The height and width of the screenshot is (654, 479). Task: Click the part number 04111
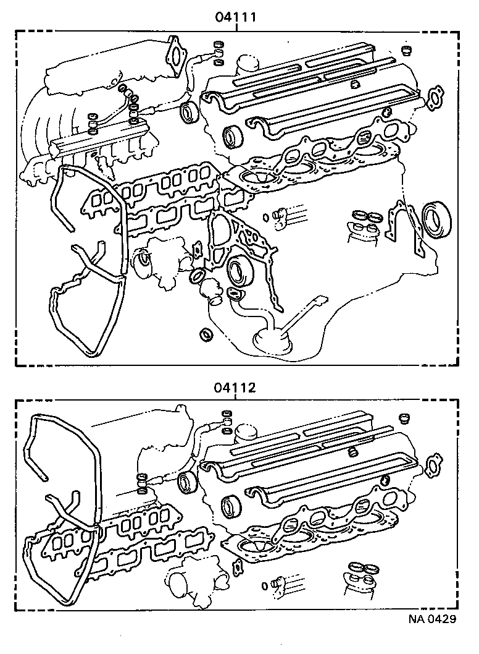pyautogui.click(x=236, y=17)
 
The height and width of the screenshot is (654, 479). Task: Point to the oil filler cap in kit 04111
pyautogui.click(x=248, y=63)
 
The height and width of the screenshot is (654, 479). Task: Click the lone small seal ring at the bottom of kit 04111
pyautogui.click(x=206, y=334)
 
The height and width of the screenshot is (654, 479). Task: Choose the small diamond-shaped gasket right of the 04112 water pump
pyautogui.click(x=238, y=566)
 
